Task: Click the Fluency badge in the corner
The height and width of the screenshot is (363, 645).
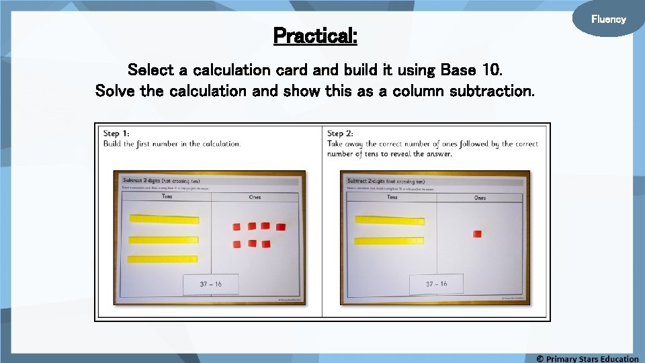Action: [x=608, y=19]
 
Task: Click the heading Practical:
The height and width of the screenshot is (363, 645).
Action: [x=315, y=36]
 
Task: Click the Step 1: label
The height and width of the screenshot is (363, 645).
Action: [x=116, y=134]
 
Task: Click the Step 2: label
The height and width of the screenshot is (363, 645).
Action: [x=341, y=134]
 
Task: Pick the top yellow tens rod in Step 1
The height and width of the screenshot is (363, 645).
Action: [x=164, y=219]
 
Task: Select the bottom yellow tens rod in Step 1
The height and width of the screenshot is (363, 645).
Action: [x=164, y=259]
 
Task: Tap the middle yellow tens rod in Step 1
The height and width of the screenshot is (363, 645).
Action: [x=164, y=239]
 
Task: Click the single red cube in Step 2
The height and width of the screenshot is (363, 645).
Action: [x=477, y=234]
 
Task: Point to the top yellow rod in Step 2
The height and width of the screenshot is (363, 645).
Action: [x=390, y=220]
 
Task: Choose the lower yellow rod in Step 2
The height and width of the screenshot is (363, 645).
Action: [x=390, y=241]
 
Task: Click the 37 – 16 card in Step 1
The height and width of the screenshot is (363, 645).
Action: [x=210, y=284]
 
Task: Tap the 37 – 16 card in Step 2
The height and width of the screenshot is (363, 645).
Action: [x=436, y=284]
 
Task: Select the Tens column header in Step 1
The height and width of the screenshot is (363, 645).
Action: [x=166, y=197]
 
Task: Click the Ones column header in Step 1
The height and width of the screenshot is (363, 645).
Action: [x=255, y=197]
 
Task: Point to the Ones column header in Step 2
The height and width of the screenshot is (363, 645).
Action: [x=480, y=198]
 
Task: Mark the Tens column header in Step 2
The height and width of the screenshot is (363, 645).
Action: [x=392, y=197]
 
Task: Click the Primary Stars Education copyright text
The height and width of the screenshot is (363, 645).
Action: [x=587, y=358]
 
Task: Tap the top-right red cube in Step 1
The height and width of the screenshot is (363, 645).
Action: [x=280, y=227]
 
